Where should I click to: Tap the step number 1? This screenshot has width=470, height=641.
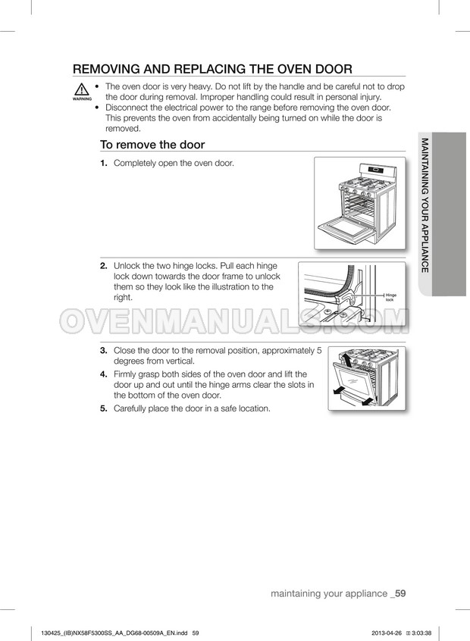(105, 164)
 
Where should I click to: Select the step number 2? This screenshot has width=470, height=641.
(105, 266)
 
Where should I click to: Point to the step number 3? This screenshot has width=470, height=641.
(105, 351)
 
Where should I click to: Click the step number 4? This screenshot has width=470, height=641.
(105, 374)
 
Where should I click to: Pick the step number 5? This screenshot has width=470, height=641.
(105, 408)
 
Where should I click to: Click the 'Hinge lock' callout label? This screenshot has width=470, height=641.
(391, 297)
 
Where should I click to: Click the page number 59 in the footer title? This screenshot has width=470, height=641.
(400, 593)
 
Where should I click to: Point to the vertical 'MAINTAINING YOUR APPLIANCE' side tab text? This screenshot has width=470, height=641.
(425, 205)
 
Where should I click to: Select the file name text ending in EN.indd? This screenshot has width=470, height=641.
(114, 632)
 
